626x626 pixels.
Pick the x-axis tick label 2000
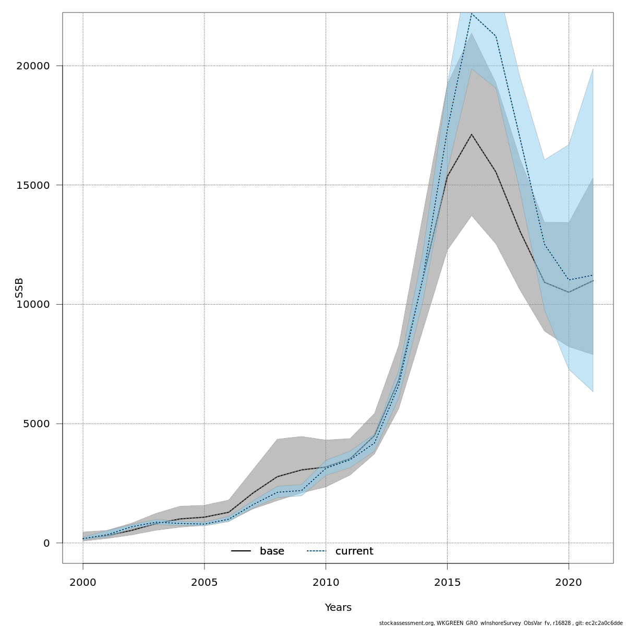[x=83, y=582]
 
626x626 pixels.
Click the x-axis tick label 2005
[x=204, y=582]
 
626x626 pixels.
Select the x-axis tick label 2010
[x=326, y=582]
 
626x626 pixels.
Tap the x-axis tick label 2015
[x=447, y=582]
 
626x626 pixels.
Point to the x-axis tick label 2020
[x=569, y=582]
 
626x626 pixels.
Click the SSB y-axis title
[x=19, y=288]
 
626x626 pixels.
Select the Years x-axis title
[x=338, y=608]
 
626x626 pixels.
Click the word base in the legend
[x=272, y=551]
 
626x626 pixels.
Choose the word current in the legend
[x=354, y=551]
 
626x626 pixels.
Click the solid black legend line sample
[x=241, y=551]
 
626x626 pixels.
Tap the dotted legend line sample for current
[x=316, y=551]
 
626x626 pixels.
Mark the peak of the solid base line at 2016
[x=472, y=135]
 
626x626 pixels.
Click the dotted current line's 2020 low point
[x=569, y=280]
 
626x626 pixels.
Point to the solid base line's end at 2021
[x=593, y=281]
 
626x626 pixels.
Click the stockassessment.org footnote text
[x=500, y=623]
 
